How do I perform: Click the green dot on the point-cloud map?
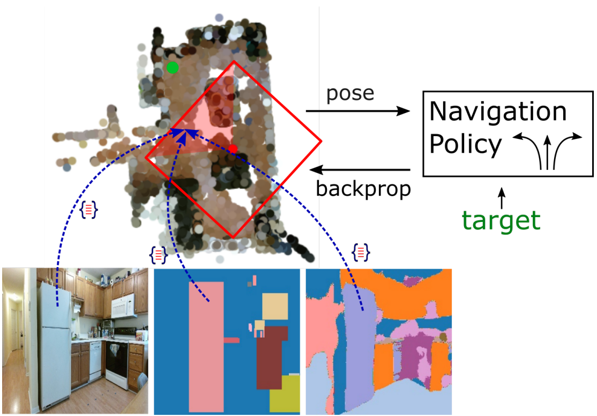(x=172, y=68)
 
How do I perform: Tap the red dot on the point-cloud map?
(x=233, y=148)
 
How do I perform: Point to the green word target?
(x=501, y=220)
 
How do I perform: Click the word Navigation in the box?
(x=498, y=112)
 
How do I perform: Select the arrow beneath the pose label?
(x=358, y=112)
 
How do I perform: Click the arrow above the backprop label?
(x=361, y=170)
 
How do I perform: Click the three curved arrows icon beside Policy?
(x=547, y=150)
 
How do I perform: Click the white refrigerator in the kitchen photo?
(x=55, y=343)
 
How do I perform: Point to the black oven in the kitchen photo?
(x=116, y=365)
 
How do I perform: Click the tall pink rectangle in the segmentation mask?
(x=206, y=343)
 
